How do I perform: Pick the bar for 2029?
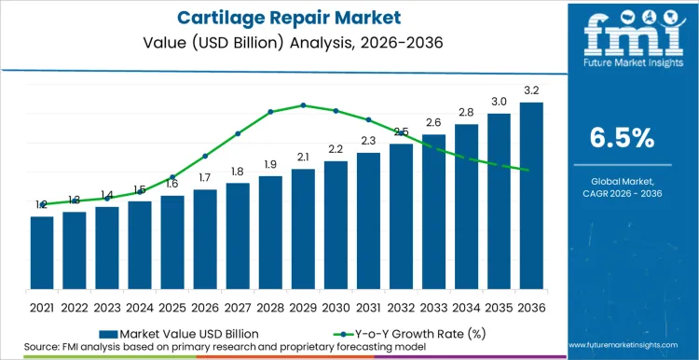[303, 228]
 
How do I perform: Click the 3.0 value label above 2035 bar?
[499, 102]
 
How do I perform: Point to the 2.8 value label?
[466, 112]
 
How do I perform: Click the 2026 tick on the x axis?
[205, 306]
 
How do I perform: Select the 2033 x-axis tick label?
[433, 306]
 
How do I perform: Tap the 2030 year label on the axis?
[336, 306]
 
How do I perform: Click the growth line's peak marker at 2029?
[303, 105]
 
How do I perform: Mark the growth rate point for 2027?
[238, 133]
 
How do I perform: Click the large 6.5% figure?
[623, 138]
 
